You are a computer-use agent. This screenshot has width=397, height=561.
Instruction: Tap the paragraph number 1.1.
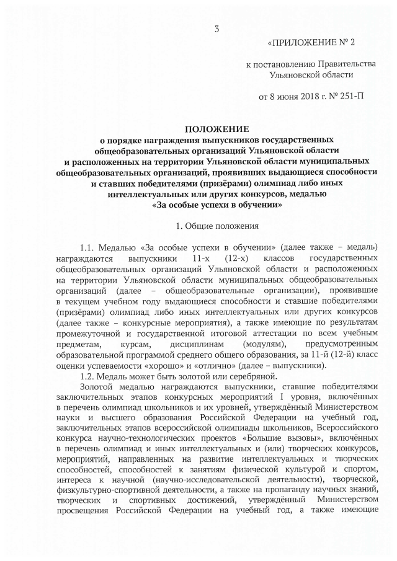click(x=90, y=247)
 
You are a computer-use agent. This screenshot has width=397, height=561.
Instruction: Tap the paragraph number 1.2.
click(x=90, y=376)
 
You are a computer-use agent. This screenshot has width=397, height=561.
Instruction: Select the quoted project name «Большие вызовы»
click(x=241, y=440)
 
